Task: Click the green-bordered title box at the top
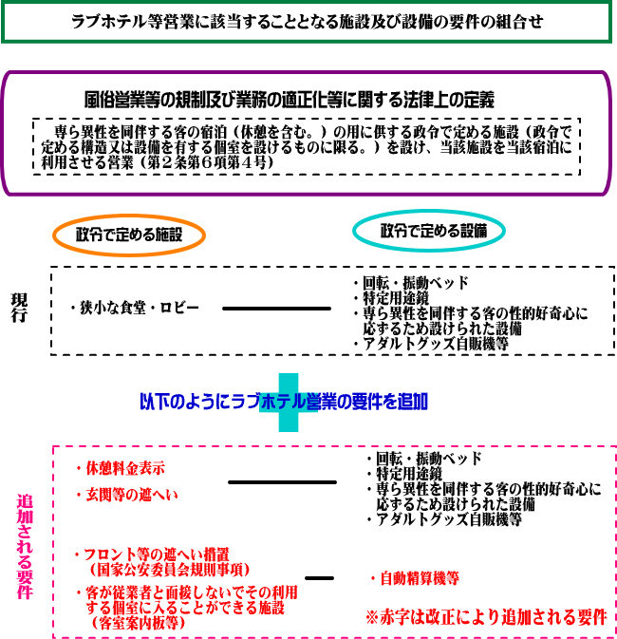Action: click(308, 23)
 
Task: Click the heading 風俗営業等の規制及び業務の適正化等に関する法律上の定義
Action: click(290, 99)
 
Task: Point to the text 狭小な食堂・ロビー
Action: click(135, 309)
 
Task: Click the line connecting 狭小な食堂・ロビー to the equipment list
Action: click(278, 309)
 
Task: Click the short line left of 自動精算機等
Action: click(320, 577)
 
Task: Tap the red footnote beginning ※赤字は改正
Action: click(486, 617)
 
